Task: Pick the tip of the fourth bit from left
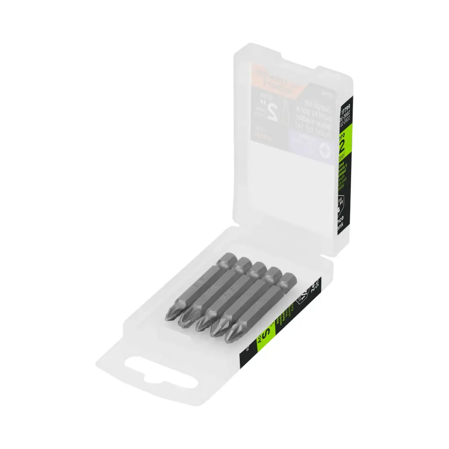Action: point(217,332)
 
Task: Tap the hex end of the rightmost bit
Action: point(289,279)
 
